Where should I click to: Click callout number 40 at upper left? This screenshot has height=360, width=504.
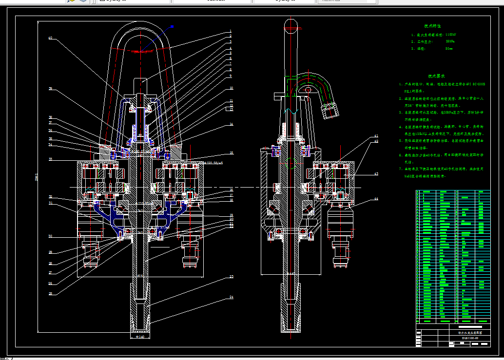(50, 38)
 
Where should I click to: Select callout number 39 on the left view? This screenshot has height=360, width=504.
(50, 89)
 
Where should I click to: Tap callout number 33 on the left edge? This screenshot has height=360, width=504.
(50, 159)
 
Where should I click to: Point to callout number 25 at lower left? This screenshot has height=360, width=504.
(50, 293)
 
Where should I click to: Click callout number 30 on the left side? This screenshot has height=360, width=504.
(50, 236)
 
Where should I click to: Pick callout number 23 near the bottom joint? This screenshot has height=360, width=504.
(231, 277)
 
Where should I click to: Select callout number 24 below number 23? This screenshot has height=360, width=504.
(231, 297)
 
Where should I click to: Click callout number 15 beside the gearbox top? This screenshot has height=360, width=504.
(231, 153)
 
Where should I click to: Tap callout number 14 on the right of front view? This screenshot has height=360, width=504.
(231, 124)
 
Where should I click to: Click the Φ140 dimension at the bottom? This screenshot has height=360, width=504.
(140, 337)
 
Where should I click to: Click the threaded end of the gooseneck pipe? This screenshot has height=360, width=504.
(330, 112)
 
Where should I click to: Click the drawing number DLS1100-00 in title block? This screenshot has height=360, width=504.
(470, 337)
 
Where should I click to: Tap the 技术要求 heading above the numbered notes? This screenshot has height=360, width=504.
(437, 76)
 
